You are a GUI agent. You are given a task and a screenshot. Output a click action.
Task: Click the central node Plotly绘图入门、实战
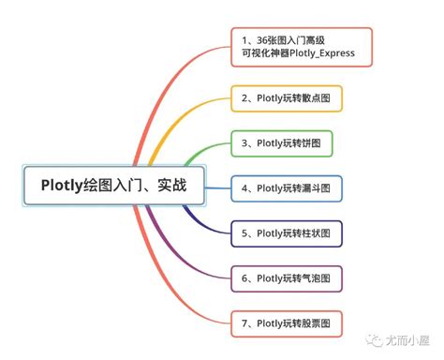tap(114, 185)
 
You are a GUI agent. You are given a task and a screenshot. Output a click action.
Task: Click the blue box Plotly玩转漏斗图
tap(287, 188)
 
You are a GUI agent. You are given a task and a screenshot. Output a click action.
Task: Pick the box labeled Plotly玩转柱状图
tap(287, 233)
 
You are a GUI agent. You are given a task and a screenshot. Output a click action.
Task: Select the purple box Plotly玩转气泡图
tap(287, 278)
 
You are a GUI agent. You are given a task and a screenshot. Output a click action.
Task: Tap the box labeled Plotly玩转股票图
tap(287, 324)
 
